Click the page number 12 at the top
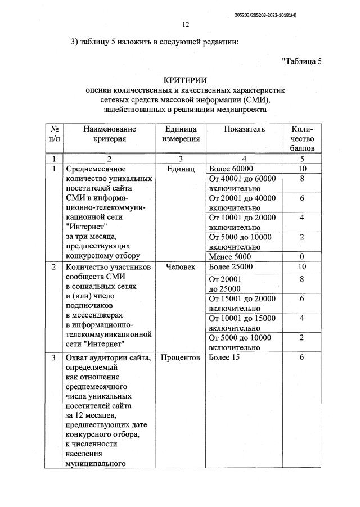186,24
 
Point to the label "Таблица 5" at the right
301,61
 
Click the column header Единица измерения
181,134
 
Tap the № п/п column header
54,134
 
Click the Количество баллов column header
301,138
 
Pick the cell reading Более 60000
231,169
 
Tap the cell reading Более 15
224,358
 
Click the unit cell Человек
181,266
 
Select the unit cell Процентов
181,358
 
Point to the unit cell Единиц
181,169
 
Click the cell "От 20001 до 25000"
225,283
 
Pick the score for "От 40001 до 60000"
302,179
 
